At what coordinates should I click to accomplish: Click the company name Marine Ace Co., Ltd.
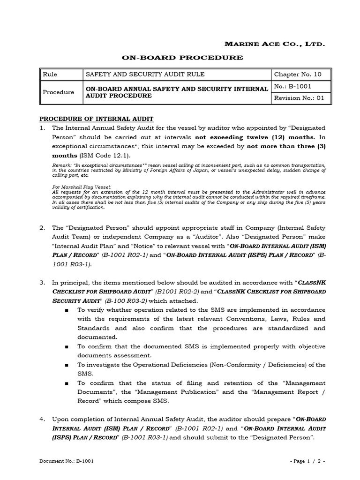(x=275, y=44)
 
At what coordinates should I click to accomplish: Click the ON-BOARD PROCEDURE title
(x=183, y=58)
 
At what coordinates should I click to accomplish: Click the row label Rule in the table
(x=50, y=75)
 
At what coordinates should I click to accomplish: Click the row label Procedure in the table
(x=58, y=92)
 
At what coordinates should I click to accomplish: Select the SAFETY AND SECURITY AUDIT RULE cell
(x=138, y=75)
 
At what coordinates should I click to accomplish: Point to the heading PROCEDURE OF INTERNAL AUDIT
(x=96, y=119)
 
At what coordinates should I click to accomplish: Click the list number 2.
(x=42, y=227)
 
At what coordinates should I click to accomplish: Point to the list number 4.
(x=42, y=419)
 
